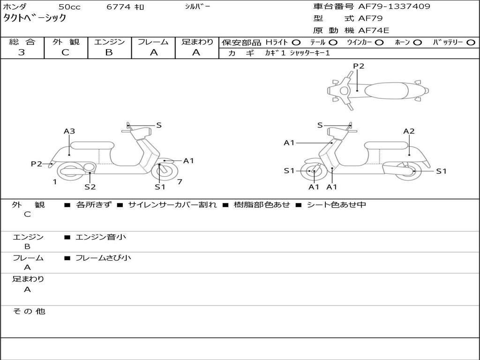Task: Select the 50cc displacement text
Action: pos(69,7)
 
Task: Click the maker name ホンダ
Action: pos(15,7)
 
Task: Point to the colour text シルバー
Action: pos(197,7)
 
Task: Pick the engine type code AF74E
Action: pos(374,31)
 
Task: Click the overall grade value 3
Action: pos(22,52)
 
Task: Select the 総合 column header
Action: pos(22,42)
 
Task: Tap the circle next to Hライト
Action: pos(296,42)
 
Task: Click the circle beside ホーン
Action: pos(417,42)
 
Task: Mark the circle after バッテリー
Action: pos(471,42)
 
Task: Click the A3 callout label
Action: pos(69,131)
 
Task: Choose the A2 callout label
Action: pos(409,131)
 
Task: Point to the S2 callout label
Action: pos(90,187)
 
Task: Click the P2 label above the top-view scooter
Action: pos(359,66)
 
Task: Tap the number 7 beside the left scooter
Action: pos(180,182)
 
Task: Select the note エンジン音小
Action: pos(101,237)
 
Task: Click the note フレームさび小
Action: pos(103,258)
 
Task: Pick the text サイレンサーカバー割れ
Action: pos(172,205)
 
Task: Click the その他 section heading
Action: pos(29,311)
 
